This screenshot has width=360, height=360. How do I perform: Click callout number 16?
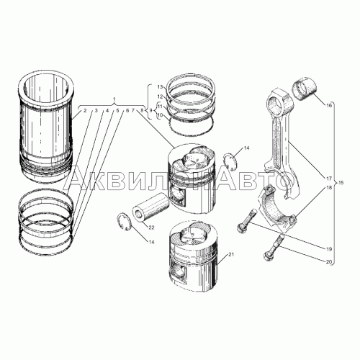point(329,105)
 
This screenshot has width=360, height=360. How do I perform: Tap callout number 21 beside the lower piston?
point(231,255)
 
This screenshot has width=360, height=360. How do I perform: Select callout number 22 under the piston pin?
point(151,228)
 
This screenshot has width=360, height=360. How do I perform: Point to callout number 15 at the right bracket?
point(341,183)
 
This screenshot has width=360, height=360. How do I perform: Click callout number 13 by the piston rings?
point(160,86)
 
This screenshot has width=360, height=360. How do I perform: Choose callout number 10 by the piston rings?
point(160,115)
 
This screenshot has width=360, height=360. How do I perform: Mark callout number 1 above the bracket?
point(114,99)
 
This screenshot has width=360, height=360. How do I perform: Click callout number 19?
point(329,249)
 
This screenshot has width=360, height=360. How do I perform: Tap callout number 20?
point(329,262)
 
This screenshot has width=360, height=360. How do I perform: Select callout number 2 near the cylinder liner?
point(85,110)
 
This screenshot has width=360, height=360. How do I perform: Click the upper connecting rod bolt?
point(247,221)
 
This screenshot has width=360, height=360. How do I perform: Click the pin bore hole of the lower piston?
point(179,271)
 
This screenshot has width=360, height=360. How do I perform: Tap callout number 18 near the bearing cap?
point(329,187)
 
